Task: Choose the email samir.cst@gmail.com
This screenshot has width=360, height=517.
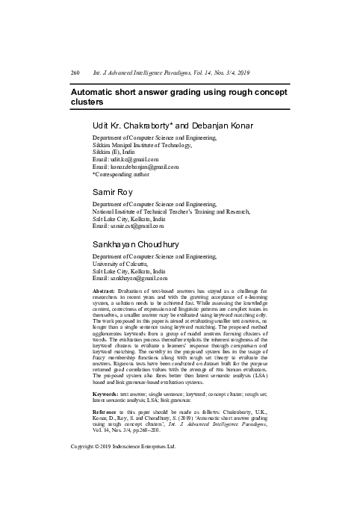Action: coord(137,226)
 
